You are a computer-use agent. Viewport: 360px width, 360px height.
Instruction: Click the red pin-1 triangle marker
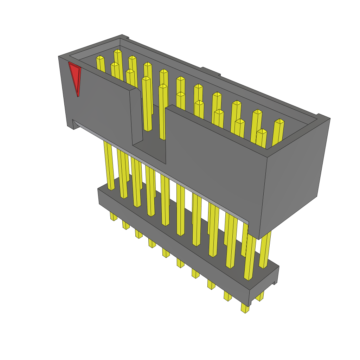tap(75, 77)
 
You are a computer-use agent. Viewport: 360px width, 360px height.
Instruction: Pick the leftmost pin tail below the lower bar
tap(113, 216)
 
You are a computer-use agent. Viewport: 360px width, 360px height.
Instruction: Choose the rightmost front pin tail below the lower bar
tap(245, 308)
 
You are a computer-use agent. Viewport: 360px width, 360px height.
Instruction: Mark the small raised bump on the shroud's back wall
tap(210, 71)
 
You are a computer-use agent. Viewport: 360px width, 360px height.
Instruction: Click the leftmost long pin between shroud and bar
tap(109, 165)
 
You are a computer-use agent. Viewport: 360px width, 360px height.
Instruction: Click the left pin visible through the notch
tap(147, 105)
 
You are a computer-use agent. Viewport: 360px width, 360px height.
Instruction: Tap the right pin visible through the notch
tap(163, 112)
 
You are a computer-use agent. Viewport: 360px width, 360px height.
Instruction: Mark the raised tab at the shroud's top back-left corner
tap(125, 37)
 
